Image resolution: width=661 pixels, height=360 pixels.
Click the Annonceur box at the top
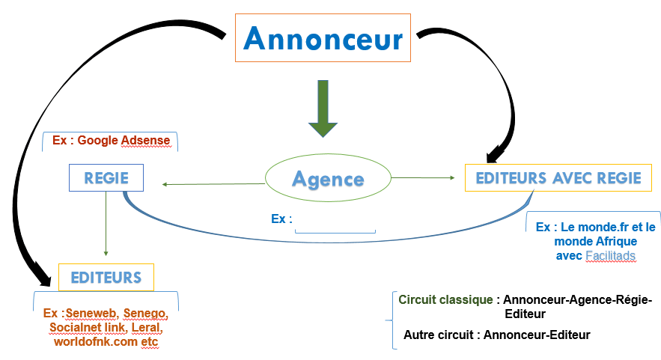point(323,37)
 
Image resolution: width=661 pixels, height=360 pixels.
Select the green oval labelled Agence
point(328,178)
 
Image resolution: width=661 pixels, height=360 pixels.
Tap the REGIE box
point(106,178)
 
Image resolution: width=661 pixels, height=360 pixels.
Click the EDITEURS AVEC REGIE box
point(558,178)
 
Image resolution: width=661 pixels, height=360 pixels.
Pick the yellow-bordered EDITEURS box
point(106,278)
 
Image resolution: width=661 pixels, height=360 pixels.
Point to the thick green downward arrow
point(322,109)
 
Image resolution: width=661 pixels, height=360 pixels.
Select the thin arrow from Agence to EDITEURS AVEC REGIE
point(423,177)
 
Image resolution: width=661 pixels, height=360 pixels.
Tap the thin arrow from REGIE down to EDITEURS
point(106,225)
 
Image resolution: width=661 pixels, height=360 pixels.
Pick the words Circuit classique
point(445,300)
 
